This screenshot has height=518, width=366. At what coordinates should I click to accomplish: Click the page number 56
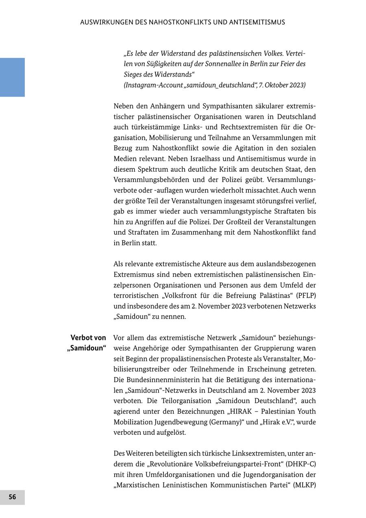coord(12,497)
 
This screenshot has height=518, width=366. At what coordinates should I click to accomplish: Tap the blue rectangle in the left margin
coord(12,77)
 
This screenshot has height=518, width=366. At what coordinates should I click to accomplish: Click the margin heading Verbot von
coord(88,338)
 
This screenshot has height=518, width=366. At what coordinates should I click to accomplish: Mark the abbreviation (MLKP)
coord(304,485)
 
